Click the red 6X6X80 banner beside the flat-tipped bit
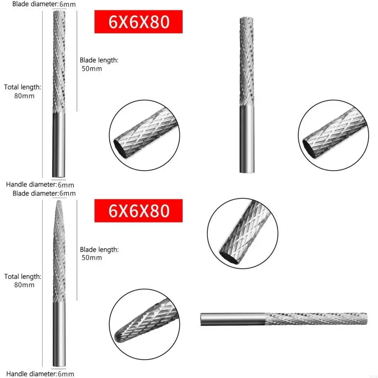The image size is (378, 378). click(138, 22)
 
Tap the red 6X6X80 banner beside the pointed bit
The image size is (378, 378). click(138, 211)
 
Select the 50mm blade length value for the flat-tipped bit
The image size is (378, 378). click(91, 69)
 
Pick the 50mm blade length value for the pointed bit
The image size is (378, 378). click(91, 258)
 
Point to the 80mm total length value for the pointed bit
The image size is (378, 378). click(24, 285)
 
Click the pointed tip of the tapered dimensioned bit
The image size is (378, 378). click(59, 202)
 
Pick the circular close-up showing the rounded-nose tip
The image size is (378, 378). click(144, 324)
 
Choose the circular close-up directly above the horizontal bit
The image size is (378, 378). click(243, 233)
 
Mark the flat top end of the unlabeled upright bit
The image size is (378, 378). click(247, 18)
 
